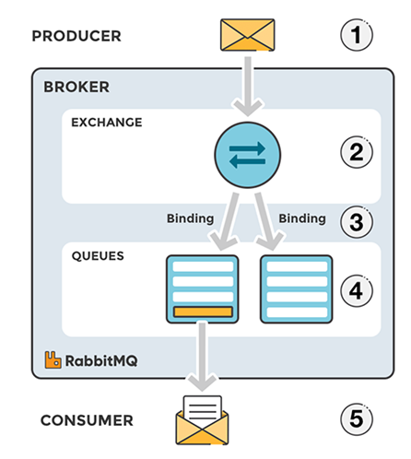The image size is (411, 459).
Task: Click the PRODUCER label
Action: point(76,36)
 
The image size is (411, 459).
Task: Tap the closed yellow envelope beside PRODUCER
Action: point(248,35)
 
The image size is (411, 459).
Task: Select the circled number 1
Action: point(357,35)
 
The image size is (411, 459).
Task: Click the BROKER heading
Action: point(76,87)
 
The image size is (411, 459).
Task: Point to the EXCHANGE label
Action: point(107,123)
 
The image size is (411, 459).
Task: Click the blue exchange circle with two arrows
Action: point(248,155)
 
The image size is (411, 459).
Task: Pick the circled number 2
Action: point(357,152)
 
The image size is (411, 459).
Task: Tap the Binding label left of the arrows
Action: point(190,218)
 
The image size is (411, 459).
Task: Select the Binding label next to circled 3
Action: point(302,218)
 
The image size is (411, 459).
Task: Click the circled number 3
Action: point(357,222)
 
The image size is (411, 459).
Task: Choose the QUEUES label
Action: point(98,256)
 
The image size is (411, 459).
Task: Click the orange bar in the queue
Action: point(203,312)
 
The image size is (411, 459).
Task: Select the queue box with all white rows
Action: point(297,289)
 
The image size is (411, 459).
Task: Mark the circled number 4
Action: point(357,290)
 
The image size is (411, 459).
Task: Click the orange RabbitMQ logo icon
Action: point(53,359)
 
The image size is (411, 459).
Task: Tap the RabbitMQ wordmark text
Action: point(101,360)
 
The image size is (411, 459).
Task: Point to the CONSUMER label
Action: point(87,420)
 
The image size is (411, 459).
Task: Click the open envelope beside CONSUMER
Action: point(202,420)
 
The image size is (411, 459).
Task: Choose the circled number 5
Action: point(357,419)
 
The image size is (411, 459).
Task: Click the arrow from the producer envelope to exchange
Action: point(248,86)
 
